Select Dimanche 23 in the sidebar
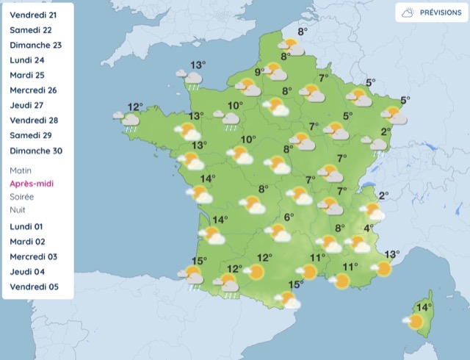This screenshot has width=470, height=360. (35, 45)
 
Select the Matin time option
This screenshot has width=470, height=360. (21, 170)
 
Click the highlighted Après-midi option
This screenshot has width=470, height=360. (32, 184)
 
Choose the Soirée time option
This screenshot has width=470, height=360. (22, 197)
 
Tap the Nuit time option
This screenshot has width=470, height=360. (18, 210)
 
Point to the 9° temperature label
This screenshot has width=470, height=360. (259, 72)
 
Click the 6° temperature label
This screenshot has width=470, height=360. (289, 217)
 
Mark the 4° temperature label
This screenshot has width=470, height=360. (368, 228)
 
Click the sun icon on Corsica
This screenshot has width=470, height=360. (416, 321)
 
